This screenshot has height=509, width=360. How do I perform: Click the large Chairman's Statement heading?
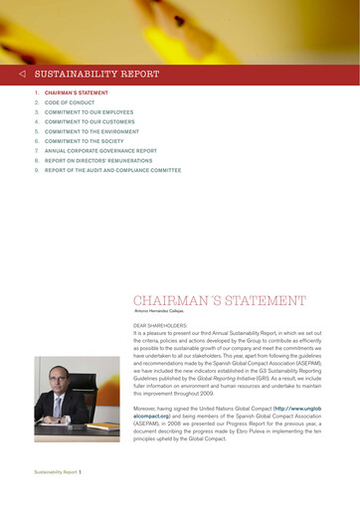(x=219, y=300)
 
